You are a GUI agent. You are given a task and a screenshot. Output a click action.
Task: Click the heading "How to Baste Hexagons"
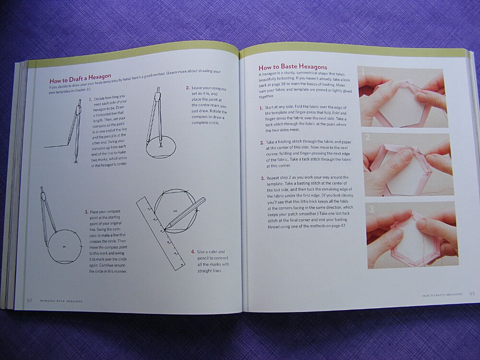293,67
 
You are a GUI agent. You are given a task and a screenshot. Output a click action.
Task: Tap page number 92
29,300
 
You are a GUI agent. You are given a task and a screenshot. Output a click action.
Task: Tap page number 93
471,294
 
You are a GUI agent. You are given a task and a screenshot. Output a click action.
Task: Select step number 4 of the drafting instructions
192,252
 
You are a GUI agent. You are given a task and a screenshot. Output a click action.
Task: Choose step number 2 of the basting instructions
262,143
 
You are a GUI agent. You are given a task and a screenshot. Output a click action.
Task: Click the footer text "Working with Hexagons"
61,300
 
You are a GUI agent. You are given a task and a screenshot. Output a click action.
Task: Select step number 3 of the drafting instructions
86,212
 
